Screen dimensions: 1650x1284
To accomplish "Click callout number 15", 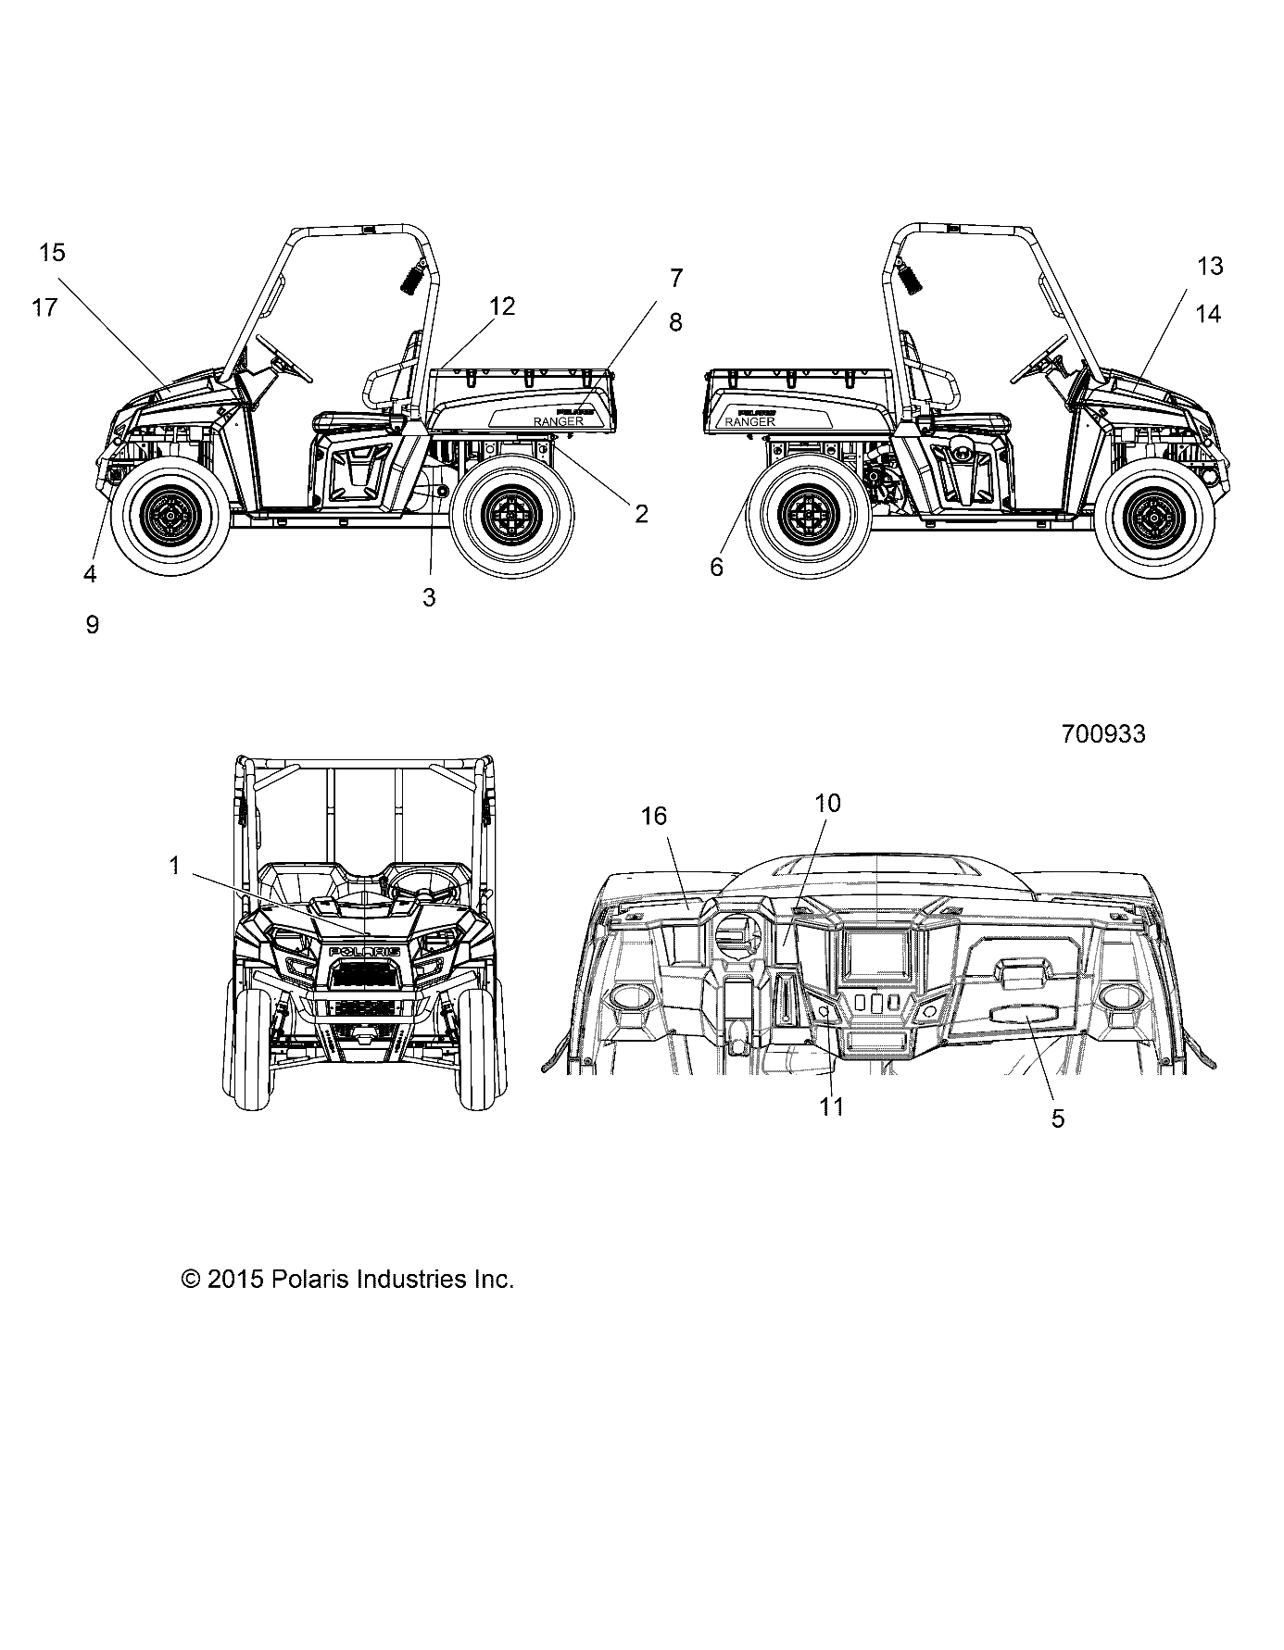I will coord(53,252).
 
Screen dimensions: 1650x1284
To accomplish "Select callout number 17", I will coord(44,307).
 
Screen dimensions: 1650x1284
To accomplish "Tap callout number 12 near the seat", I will coord(501,306).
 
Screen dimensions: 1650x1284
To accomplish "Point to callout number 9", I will coord(92,625).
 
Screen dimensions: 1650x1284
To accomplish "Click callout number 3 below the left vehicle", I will coord(428,598).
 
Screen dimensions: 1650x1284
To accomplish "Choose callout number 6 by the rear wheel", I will coord(716,567).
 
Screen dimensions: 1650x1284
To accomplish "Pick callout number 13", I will coord(1210,267).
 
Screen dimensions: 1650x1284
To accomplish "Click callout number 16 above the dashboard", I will coord(654,816).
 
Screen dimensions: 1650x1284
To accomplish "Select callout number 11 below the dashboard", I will coord(832,1106).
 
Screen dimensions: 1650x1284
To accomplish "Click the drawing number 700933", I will coord(1102,734).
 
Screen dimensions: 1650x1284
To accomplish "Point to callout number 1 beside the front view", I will coord(173,866).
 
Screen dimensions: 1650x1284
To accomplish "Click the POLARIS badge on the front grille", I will coord(364,952).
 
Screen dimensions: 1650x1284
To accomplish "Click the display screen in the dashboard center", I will coord(875,956).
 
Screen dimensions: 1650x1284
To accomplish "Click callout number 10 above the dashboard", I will coord(827,803).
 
